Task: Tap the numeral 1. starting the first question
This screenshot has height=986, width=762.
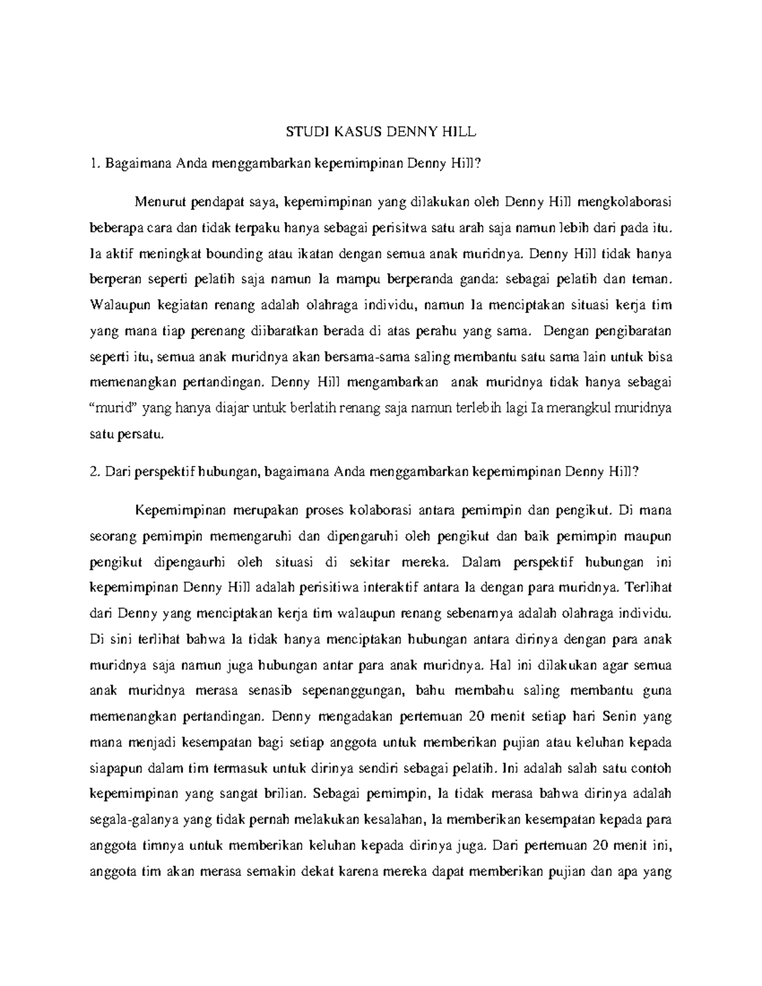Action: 96,164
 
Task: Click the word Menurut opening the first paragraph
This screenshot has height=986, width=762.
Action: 159,202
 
